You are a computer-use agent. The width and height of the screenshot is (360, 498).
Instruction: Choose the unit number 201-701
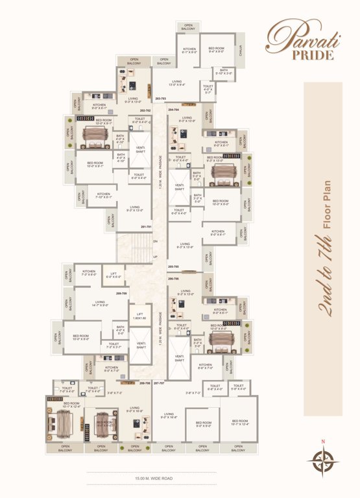pyautogui.click(x=147, y=226)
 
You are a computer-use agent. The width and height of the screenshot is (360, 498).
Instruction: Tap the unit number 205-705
pyautogui.click(x=173, y=267)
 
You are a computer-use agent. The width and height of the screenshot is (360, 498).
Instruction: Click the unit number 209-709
pyautogui.click(x=121, y=293)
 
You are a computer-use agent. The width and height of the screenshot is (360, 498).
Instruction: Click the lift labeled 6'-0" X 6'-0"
pyautogui.click(x=114, y=274)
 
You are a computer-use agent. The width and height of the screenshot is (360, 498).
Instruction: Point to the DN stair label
pyautogui.click(x=155, y=241)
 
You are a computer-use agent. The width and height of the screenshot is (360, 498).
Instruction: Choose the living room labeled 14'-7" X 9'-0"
pyautogui.click(x=99, y=303)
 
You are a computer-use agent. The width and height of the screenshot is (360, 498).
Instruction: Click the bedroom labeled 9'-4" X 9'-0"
pyautogui.click(x=217, y=51)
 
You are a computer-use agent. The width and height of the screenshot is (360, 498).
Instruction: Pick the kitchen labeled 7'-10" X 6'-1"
pyautogui.click(x=103, y=196)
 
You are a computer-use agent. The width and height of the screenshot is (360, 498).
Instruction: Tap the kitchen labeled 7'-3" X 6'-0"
pyautogui.click(x=89, y=274)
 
